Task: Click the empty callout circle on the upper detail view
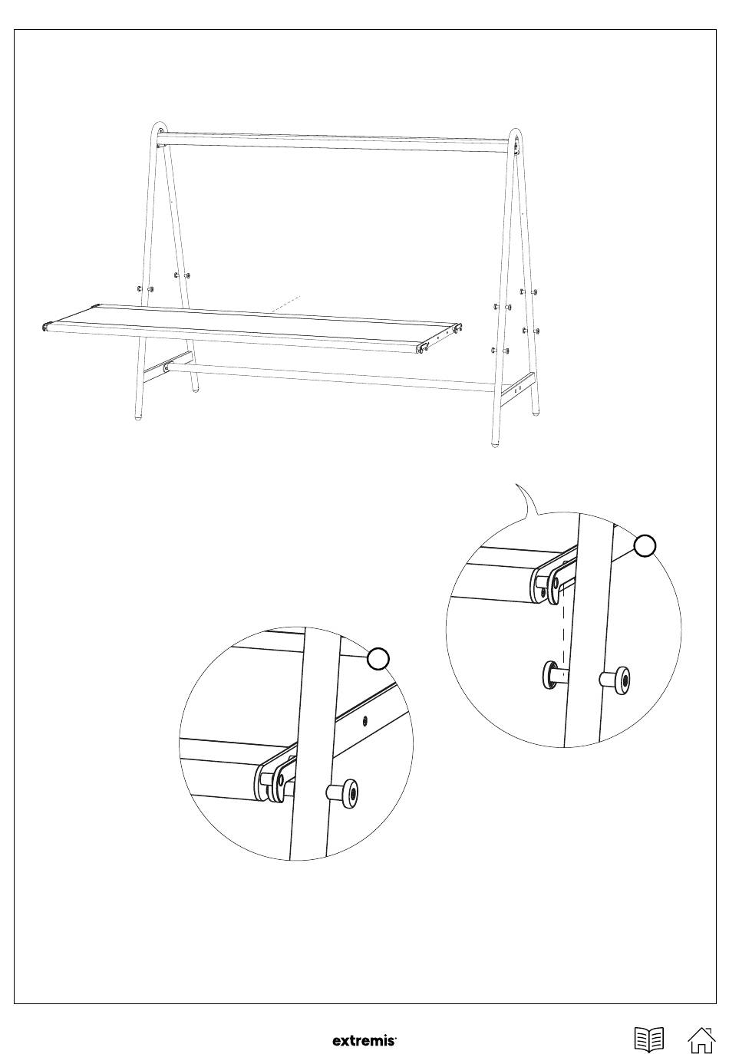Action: pyautogui.click(x=645, y=546)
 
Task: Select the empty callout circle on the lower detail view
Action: pyautogui.click(x=378, y=658)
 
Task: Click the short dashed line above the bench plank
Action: pyautogui.click(x=285, y=304)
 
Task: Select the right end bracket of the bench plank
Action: pyautogui.click(x=437, y=337)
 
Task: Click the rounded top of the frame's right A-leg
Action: pyautogui.click(x=516, y=134)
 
